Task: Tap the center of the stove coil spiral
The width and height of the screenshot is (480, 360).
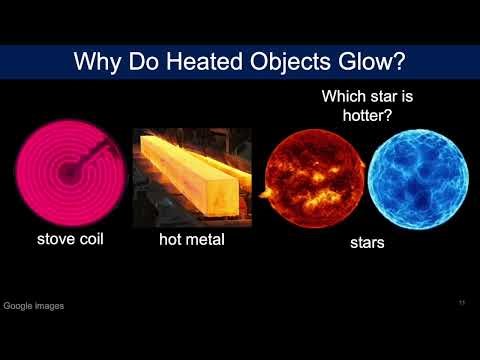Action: point(68,173)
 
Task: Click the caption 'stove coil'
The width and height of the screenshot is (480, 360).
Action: point(71,239)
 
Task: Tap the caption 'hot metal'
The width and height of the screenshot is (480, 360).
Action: point(193,240)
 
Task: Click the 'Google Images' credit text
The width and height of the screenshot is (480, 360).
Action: point(34,306)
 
